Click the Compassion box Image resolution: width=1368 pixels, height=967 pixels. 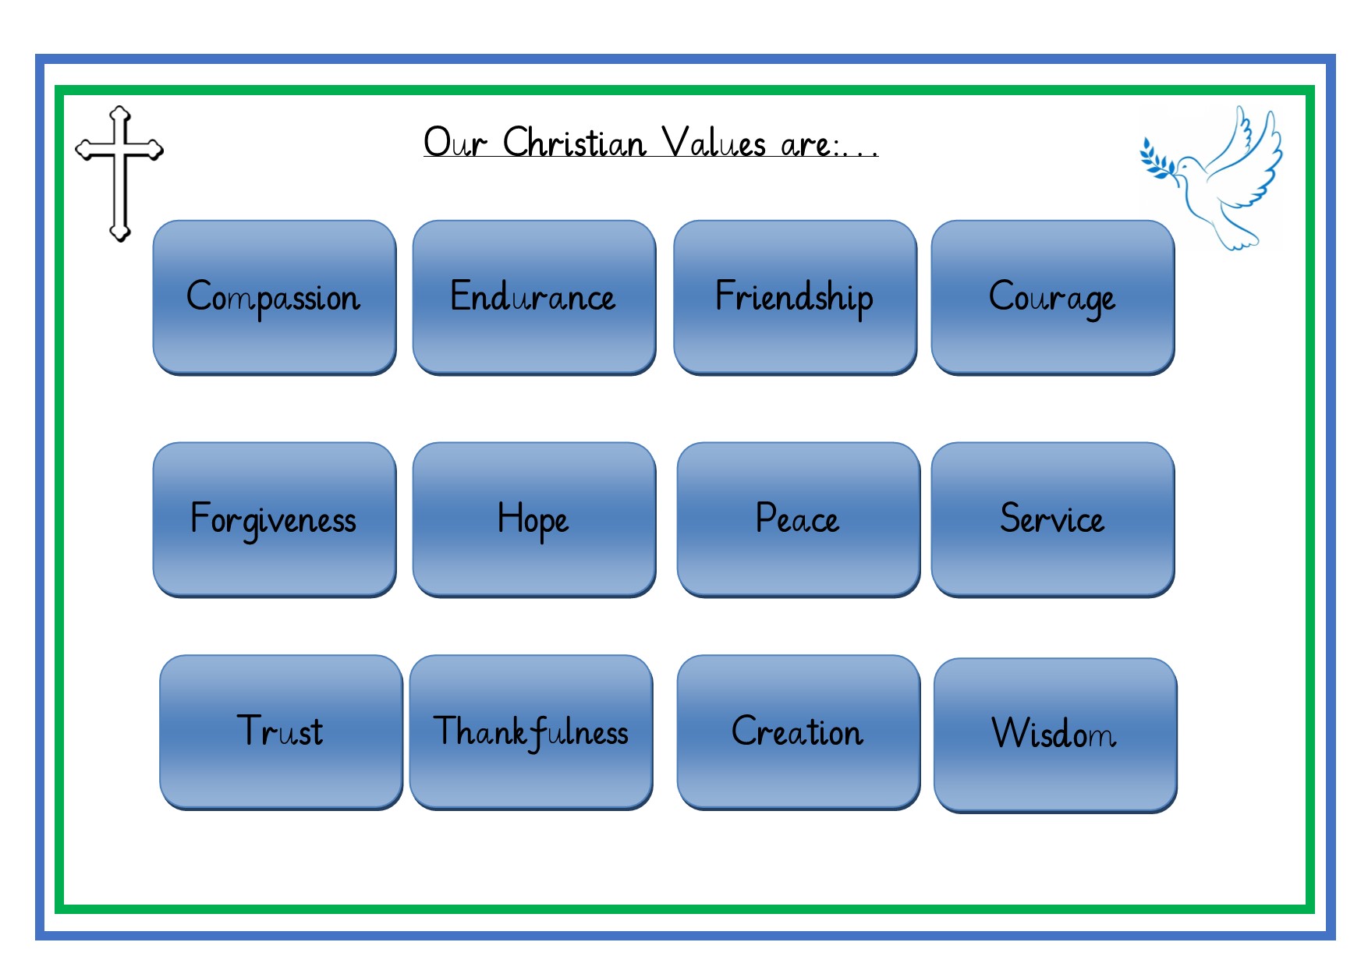(x=275, y=297)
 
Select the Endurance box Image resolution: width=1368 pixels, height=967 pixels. (x=534, y=297)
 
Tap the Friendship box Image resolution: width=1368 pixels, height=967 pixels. (x=795, y=297)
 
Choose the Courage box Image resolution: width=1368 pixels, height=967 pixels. (x=1053, y=297)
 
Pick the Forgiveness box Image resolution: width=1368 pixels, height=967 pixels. (x=275, y=519)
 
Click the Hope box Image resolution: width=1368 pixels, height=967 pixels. (x=534, y=519)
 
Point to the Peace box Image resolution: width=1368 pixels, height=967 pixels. (x=799, y=519)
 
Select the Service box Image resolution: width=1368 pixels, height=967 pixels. (x=1053, y=519)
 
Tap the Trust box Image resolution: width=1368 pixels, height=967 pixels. (x=281, y=732)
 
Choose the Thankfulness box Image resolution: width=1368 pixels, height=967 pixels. (x=531, y=732)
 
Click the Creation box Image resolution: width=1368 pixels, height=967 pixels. (x=799, y=732)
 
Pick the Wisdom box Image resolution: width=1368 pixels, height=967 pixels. (x=1055, y=735)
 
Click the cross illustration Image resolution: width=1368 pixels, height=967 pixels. (x=119, y=173)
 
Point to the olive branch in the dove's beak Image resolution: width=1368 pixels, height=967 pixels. (x=1159, y=160)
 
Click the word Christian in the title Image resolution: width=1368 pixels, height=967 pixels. (x=575, y=143)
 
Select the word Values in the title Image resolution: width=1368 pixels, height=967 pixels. (x=714, y=143)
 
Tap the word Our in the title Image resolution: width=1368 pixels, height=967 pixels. (x=455, y=143)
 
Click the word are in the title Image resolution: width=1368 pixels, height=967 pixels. (x=806, y=146)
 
